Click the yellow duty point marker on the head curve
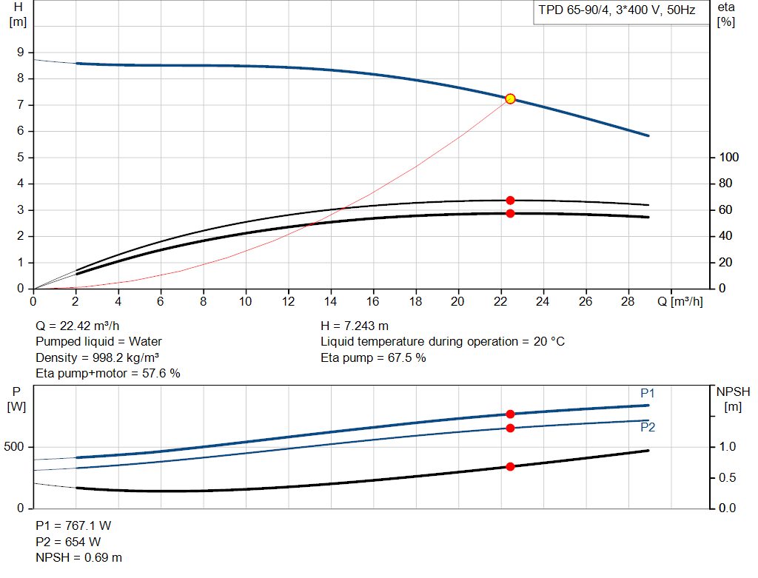point(510,99)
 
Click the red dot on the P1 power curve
point(510,414)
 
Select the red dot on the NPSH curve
point(510,466)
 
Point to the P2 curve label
point(648,428)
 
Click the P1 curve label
point(648,393)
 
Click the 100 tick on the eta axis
point(729,158)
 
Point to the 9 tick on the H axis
point(21,53)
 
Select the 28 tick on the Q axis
point(628,302)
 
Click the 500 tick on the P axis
point(16,447)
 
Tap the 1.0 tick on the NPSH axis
point(729,446)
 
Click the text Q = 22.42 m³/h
point(78,326)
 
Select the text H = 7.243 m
point(355,326)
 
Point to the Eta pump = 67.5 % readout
point(373,357)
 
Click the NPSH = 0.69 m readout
point(79,557)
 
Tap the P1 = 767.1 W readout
point(74,525)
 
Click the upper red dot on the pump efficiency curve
point(510,201)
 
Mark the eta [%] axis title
point(726,14)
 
